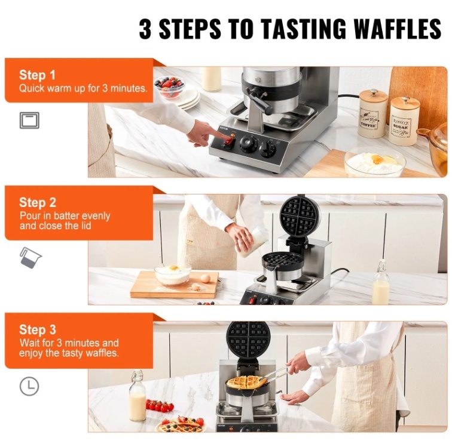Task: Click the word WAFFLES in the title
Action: pos(397,29)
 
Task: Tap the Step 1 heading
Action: pos(37,75)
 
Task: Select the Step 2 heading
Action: pos(38,202)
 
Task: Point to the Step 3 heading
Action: pos(38,330)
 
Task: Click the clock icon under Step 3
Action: pos(29,386)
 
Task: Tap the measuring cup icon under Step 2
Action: pos(30,258)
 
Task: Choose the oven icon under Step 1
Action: pos(29,121)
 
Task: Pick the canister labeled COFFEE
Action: pos(372,114)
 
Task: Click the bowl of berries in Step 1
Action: pos(169,86)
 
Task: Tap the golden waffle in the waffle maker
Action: pos(246,383)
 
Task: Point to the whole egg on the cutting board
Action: pos(205,278)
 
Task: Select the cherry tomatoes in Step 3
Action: pos(160,406)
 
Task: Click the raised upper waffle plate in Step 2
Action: pos(300,215)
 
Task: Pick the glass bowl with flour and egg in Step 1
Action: pos(374,162)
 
